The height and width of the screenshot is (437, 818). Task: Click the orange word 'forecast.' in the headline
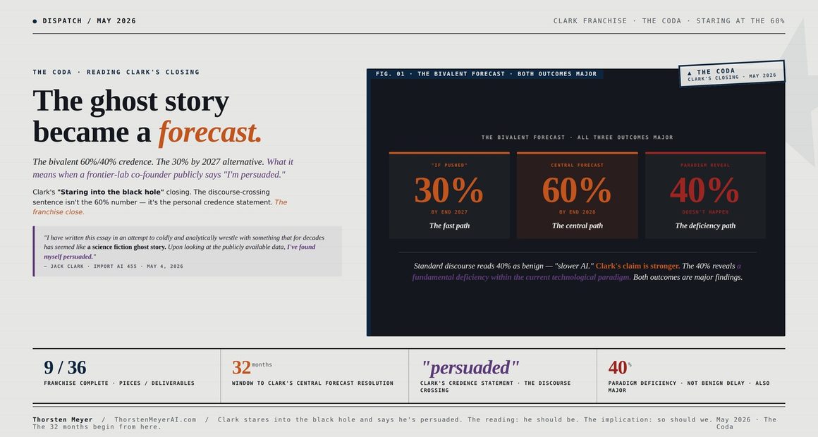point(209,132)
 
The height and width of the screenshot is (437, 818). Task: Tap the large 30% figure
point(448,190)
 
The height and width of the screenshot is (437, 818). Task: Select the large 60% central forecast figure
point(577,190)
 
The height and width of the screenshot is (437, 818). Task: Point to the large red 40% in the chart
point(704,190)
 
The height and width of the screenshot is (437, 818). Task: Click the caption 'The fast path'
point(449,226)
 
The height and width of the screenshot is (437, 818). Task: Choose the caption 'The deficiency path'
point(705,226)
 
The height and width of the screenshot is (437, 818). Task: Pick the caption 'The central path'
point(578,226)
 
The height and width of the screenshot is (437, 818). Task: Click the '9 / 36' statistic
point(65,367)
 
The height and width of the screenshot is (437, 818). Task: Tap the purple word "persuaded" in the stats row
point(470,367)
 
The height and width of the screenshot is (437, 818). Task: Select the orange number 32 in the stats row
point(241,367)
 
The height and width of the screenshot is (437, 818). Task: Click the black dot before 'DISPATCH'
point(35,21)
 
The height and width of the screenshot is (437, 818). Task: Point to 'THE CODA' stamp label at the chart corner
point(716,71)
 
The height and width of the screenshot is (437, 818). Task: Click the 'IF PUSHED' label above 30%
point(449,166)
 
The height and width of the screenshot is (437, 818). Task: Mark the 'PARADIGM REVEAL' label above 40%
point(705,166)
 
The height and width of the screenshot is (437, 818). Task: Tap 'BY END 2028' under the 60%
point(577,212)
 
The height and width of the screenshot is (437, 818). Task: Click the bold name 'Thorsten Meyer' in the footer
point(63,419)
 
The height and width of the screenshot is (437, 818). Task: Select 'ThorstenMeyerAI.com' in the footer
point(155,419)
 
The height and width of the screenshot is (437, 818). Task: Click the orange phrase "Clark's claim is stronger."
point(637,266)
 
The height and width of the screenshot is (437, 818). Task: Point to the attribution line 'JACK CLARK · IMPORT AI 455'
point(96,266)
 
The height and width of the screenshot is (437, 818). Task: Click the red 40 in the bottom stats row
point(617,367)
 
